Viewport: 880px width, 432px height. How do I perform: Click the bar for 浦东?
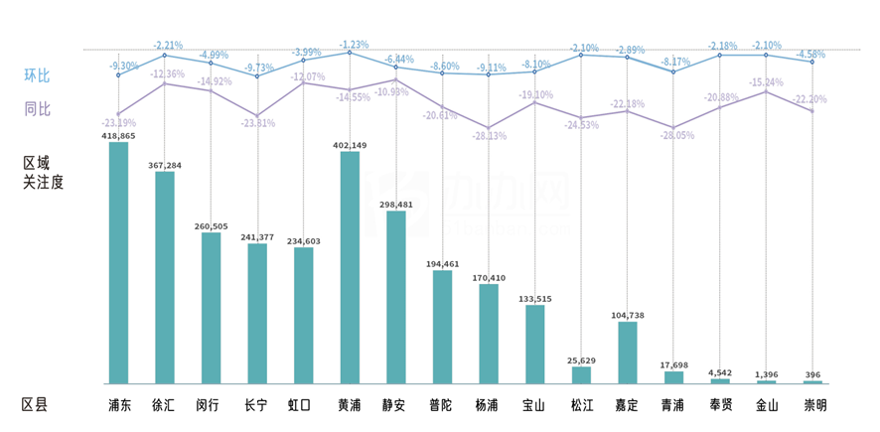(x=118, y=262)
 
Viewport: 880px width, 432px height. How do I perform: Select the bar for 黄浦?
(x=350, y=267)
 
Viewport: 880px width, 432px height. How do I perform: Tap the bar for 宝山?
(x=535, y=344)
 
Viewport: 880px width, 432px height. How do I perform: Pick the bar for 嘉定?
(x=628, y=353)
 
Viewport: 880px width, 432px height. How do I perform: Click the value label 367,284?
(x=164, y=165)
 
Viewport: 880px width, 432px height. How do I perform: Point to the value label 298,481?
(x=396, y=205)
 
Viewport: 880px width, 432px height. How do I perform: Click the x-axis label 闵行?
(x=211, y=405)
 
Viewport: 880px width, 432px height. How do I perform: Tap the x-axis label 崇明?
(x=813, y=405)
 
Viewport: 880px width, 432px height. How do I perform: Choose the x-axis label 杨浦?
(x=489, y=405)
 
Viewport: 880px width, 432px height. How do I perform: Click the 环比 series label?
(x=37, y=74)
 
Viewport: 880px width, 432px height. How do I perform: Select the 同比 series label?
(x=37, y=108)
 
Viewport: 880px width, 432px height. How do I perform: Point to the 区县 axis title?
(x=35, y=405)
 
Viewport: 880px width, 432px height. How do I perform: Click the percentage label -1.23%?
(x=354, y=45)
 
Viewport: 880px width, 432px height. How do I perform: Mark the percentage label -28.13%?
(x=487, y=136)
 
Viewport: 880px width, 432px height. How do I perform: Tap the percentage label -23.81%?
(x=256, y=124)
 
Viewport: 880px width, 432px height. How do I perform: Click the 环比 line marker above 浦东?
(x=118, y=75)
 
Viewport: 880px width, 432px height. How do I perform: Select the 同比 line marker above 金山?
(x=766, y=91)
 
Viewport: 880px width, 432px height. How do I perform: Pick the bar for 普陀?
(x=442, y=327)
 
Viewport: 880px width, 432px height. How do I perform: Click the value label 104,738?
(x=628, y=315)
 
